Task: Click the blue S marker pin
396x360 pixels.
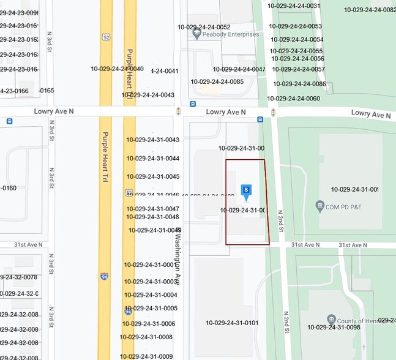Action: click(x=246, y=192)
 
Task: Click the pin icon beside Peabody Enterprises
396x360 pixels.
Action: click(x=197, y=35)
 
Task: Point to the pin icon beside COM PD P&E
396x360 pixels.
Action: click(x=319, y=206)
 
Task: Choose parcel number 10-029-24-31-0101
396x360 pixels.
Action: click(x=232, y=323)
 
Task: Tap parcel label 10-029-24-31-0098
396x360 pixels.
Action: click(x=334, y=328)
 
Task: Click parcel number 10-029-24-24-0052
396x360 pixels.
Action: click(x=204, y=27)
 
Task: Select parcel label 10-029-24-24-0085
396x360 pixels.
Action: click(x=217, y=81)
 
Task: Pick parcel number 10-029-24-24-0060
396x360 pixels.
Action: click(x=293, y=99)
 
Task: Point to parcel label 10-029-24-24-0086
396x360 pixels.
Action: click(x=299, y=84)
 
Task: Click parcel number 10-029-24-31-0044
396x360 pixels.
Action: click(x=153, y=159)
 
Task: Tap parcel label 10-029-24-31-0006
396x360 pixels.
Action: click(x=149, y=324)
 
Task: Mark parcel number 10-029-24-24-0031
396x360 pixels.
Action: click(x=294, y=6)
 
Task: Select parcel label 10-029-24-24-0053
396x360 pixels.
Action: click(x=296, y=26)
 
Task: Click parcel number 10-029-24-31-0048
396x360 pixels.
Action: click(x=153, y=217)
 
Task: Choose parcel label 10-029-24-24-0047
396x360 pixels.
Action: click(x=239, y=69)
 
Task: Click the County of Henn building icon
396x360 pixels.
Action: click(x=331, y=320)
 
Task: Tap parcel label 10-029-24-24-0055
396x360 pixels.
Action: click(x=297, y=51)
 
